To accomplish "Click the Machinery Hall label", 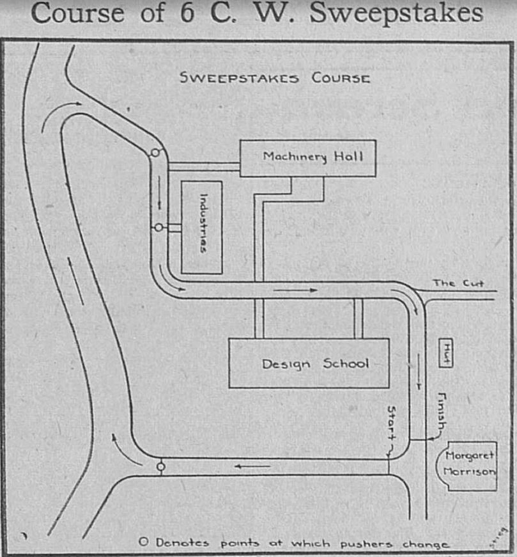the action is [x=313, y=157].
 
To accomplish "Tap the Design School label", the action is [x=315, y=364].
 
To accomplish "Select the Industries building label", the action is [x=203, y=223].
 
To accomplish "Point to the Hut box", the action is [x=446, y=353].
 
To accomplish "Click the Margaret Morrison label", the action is [x=470, y=464].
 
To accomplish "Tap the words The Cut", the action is [x=458, y=283].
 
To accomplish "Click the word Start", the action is [x=391, y=423].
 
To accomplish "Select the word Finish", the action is [x=442, y=411].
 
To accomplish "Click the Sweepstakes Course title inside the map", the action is [x=275, y=78].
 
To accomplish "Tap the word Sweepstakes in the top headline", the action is [x=396, y=13].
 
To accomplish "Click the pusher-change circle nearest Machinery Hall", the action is [x=155, y=153].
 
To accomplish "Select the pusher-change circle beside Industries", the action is [x=158, y=227].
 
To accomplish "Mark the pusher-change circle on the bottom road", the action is [x=161, y=466].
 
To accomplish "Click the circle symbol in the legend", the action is [x=143, y=542].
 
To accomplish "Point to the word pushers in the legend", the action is [x=366, y=544].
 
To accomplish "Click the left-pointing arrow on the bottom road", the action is [x=252, y=466].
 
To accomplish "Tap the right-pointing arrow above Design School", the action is [x=295, y=290].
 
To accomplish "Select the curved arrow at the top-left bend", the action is [x=59, y=116].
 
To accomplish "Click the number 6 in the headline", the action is [x=187, y=13].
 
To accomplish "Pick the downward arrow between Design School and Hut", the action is [x=419, y=371].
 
